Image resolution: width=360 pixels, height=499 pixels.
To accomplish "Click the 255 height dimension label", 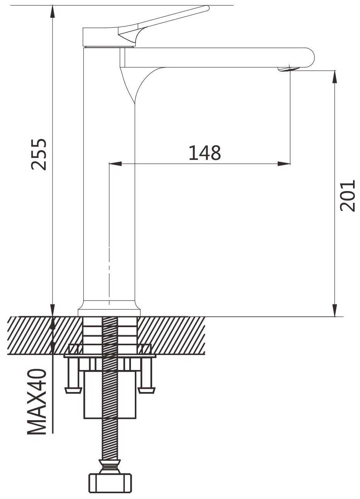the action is tap(39, 154).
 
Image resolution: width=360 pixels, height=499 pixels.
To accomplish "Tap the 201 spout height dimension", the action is tap(347, 195).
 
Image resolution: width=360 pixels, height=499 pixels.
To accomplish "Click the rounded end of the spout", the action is tap(310, 57).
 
